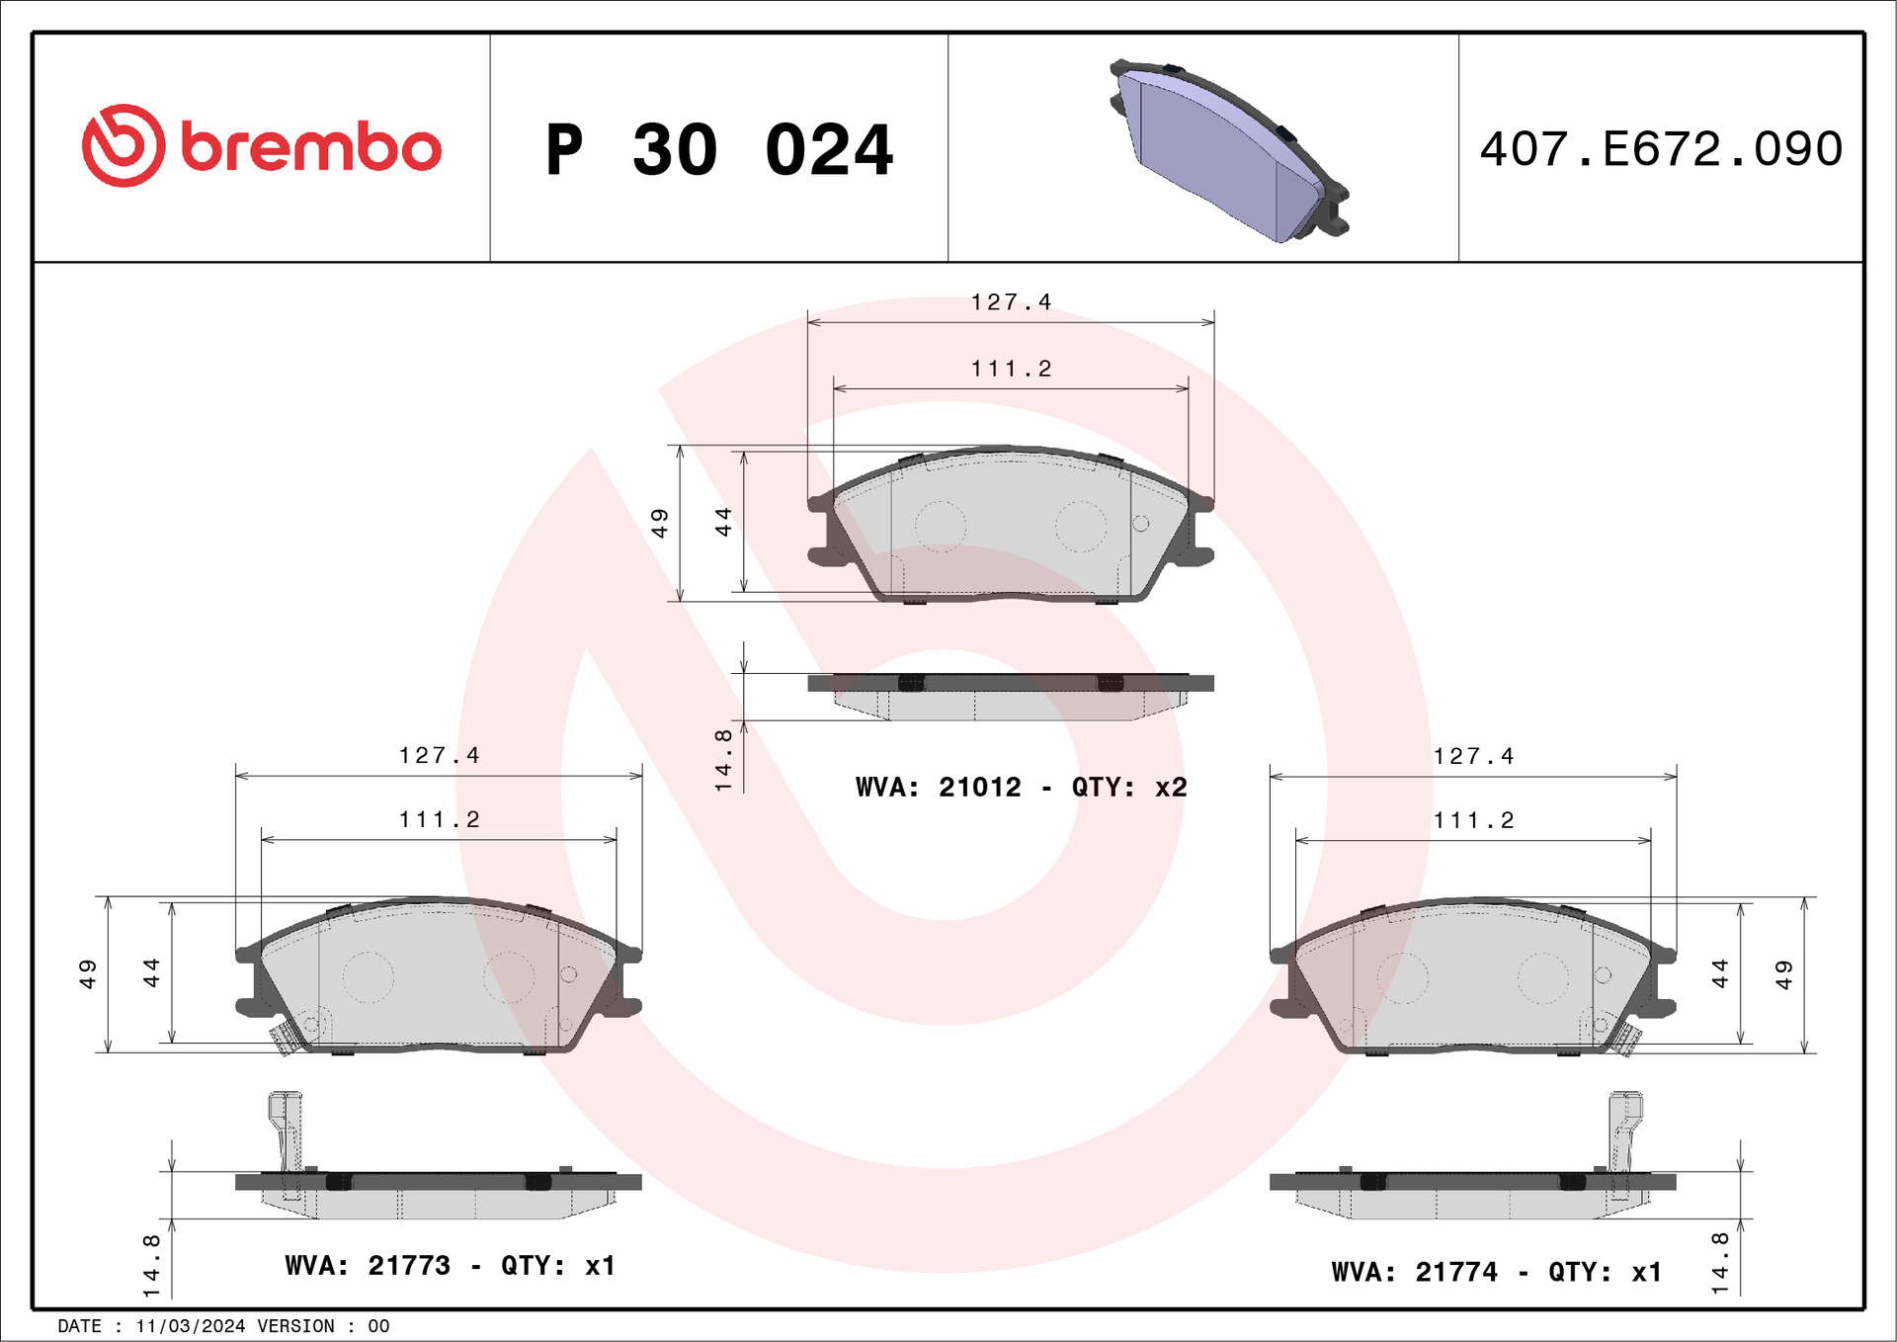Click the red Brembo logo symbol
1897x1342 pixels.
[x=124, y=145]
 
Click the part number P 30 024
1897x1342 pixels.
[x=719, y=149]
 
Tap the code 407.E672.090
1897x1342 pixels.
[x=1661, y=148]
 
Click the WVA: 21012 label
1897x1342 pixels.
[x=938, y=787]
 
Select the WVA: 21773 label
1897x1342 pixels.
[x=367, y=1265]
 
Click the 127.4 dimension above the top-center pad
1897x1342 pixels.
[x=1011, y=301]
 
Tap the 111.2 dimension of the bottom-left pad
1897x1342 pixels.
[x=439, y=819]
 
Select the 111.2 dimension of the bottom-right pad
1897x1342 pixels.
[x=1473, y=820]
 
